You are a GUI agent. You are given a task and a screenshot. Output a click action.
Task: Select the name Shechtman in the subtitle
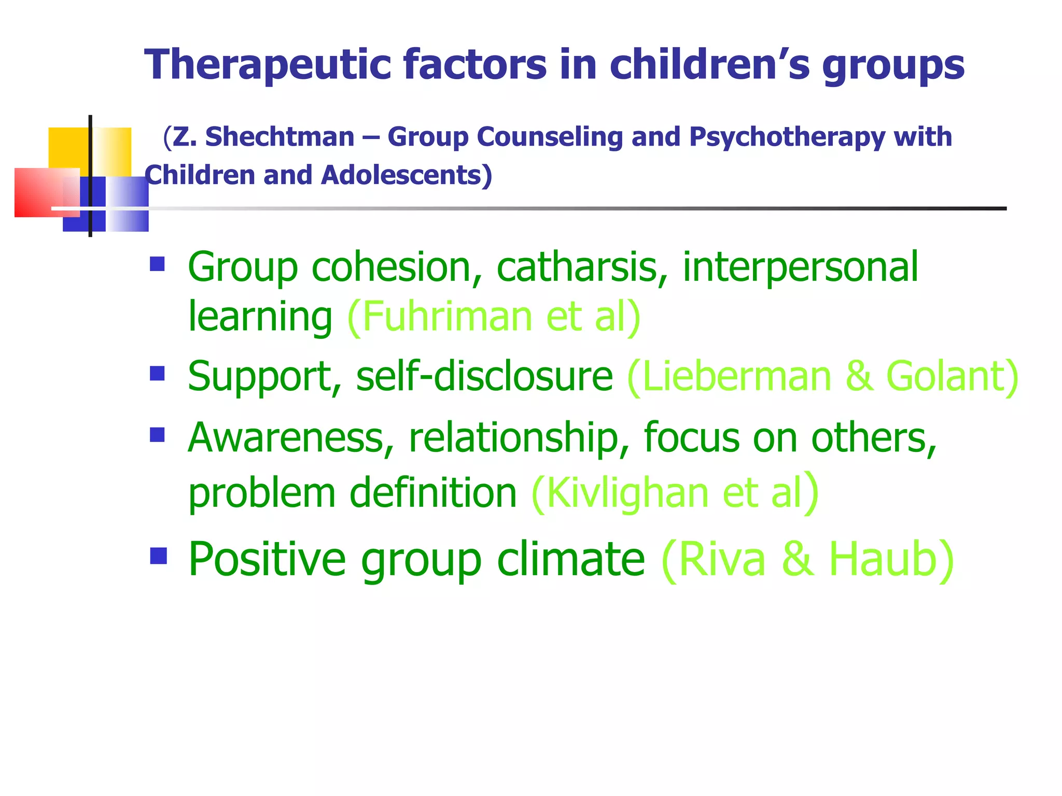280,137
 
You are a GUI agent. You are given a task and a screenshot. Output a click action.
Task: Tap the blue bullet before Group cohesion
157,264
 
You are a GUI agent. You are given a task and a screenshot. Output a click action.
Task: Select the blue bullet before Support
157,374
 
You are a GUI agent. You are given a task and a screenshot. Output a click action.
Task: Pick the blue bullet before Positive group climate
158,556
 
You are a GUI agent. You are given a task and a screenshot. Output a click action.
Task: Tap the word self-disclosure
484,376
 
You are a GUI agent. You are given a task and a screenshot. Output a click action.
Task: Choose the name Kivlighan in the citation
627,493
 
